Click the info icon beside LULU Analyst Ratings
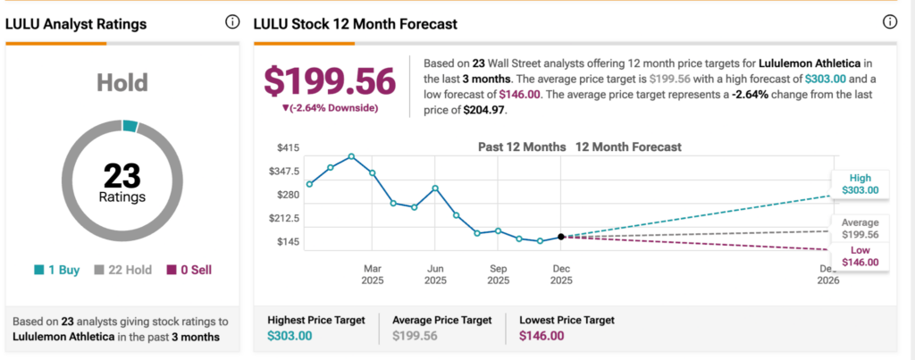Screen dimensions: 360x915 point(232,22)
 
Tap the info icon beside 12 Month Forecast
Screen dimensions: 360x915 point(889,22)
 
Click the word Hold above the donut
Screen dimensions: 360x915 point(122,83)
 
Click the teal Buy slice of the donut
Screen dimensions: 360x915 point(130,126)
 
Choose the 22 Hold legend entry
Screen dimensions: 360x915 point(122,269)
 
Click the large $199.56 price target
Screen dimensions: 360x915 point(330,82)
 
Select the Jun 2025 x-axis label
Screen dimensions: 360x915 point(435,273)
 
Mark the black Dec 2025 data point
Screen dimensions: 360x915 point(561,237)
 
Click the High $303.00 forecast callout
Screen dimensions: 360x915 point(860,183)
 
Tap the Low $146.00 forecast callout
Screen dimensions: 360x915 point(860,256)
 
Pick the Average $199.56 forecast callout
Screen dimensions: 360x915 point(860,229)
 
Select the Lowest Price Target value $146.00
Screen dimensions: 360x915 point(542,336)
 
